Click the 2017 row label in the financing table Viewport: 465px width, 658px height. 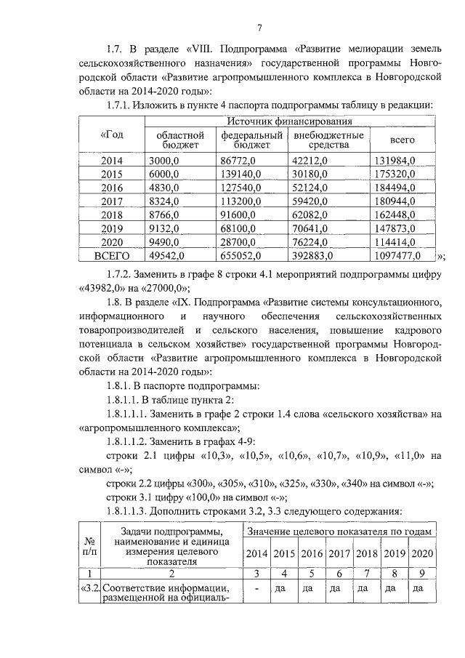pyautogui.click(x=112, y=201)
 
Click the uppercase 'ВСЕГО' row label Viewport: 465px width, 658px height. pyautogui.click(x=112, y=256)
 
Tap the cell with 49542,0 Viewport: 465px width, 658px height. pyautogui.click(x=168, y=256)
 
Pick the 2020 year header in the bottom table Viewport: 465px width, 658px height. pyautogui.click(x=421, y=553)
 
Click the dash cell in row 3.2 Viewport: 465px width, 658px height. pyautogui.click(x=257, y=588)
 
